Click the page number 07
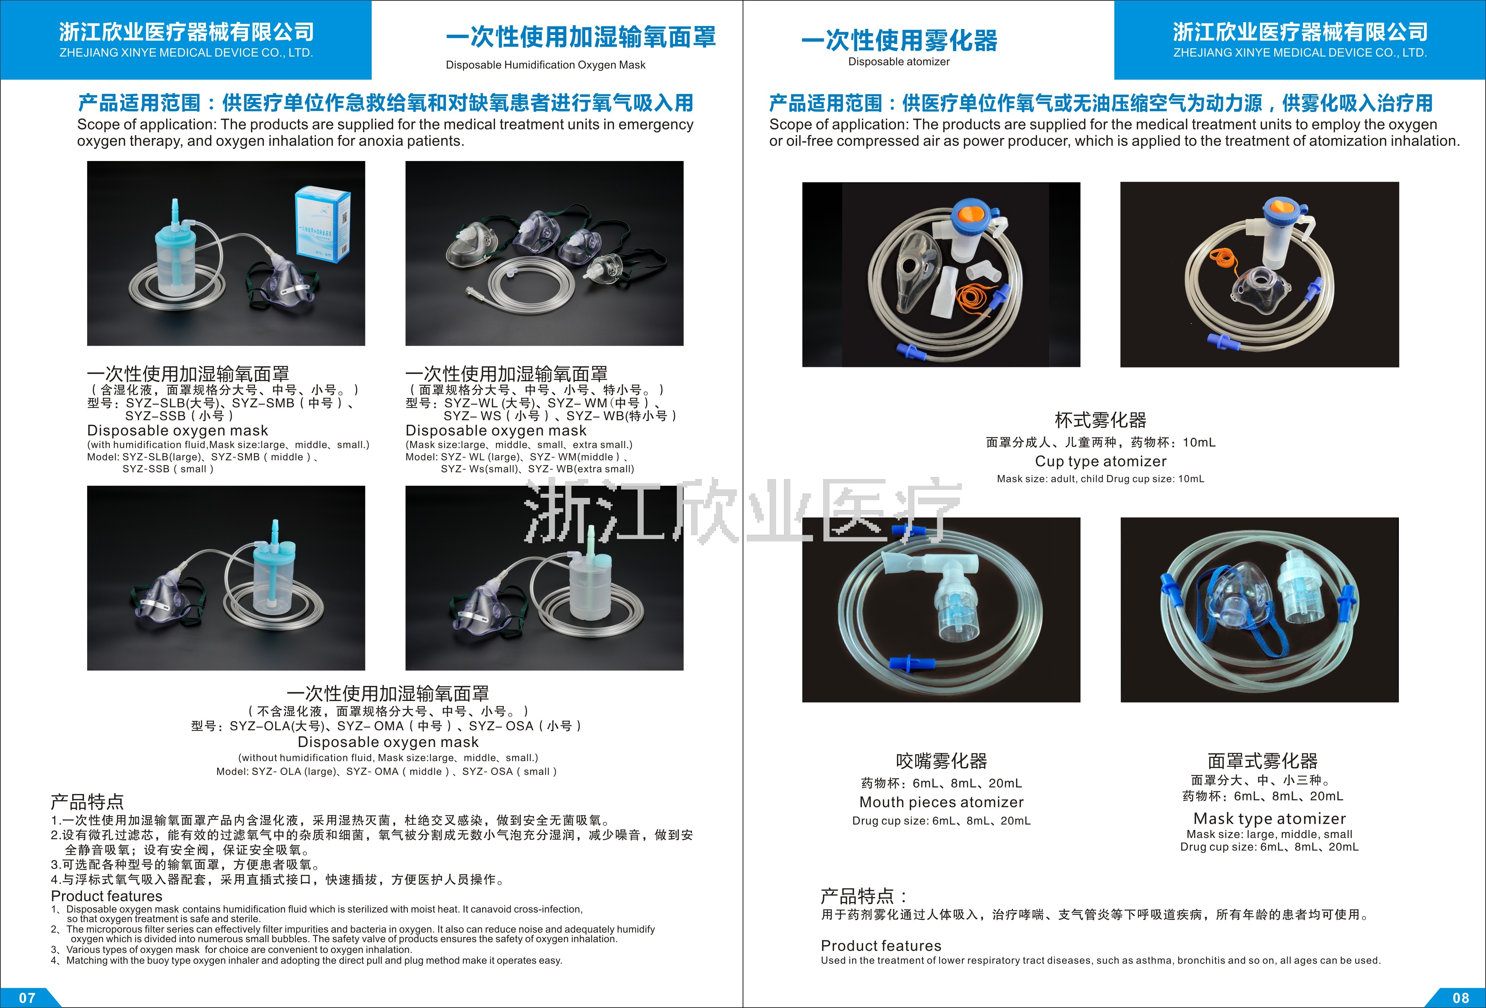[27, 997]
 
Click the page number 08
[1461, 997]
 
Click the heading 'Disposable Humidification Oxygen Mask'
[545, 65]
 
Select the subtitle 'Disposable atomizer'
[898, 61]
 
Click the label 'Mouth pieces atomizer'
[941, 802]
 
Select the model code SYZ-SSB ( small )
[167, 468]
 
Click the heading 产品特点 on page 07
[87, 801]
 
